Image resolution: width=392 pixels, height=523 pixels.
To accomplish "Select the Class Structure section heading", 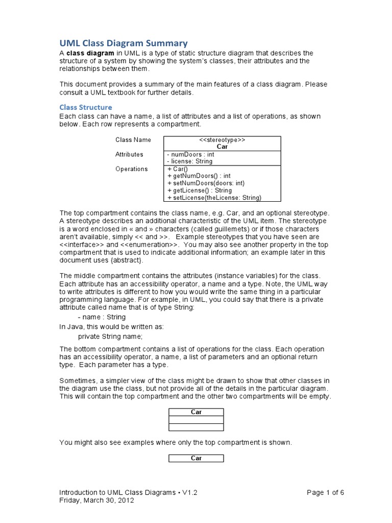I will coord(86,107).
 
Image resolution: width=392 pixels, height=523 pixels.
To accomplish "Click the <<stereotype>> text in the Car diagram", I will coord(222,139).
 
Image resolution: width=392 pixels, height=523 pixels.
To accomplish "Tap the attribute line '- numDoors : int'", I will coord(190,154).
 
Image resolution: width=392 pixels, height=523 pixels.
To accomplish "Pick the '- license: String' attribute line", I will coord(190,161).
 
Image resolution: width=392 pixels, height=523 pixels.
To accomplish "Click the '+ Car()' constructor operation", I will coord(178,169).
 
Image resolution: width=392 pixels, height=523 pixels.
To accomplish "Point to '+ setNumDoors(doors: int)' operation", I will coord(206,183).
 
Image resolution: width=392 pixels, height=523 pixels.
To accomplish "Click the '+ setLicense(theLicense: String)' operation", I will coord(214,198).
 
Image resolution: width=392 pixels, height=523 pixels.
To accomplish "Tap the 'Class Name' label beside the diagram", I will coord(130,140).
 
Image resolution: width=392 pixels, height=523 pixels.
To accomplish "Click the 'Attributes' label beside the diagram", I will coord(129,154).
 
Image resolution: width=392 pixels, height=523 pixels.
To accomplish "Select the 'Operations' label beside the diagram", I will coord(131,169).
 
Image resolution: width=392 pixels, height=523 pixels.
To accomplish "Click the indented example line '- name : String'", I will coord(102,317).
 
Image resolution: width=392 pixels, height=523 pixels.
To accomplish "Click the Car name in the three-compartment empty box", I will coord(196,412).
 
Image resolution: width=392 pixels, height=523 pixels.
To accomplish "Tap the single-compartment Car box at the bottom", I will coord(196,458).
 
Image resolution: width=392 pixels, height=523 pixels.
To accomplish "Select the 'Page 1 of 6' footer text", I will coord(325,493).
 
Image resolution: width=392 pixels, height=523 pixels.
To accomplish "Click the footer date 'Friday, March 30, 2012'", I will coord(96,501).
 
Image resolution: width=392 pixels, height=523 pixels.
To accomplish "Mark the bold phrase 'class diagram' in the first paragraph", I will coord(89,54).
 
